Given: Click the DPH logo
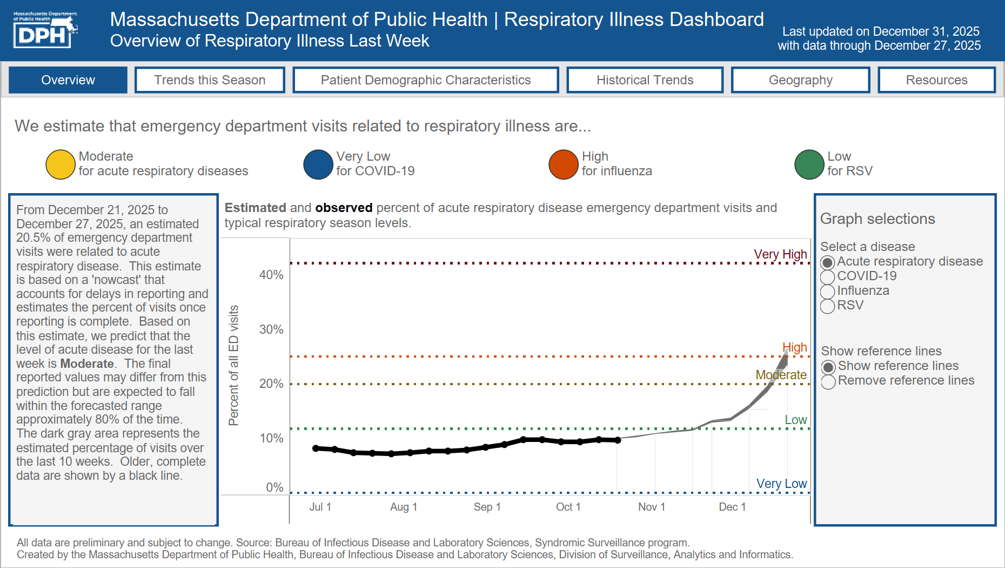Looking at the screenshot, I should pyautogui.click(x=44, y=30).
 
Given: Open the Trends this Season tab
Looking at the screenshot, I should pyautogui.click(x=210, y=80).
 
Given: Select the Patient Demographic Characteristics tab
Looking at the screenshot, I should pyautogui.click(x=425, y=80).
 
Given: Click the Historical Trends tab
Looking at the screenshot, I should pyautogui.click(x=645, y=80).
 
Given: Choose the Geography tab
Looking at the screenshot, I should pyautogui.click(x=800, y=80).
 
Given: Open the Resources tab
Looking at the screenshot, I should pyautogui.click(x=936, y=80).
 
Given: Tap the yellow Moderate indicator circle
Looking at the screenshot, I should pyautogui.click(x=61, y=164).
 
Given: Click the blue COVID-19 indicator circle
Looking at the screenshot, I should pyautogui.click(x=318, y=164).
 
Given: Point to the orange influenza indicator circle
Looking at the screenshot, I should pyautogui.click(x=564, y=164).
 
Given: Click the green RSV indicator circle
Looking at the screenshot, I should pyautogui.click(x=809, y=164).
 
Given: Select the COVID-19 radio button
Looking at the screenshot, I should pyautogui.click(x=828, y=277).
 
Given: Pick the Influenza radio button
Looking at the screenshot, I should pyautogui.click(x=828, y=292).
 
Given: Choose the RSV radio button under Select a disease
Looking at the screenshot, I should pyautogui.click(x=828, y=306).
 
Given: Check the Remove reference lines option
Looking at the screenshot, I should pyautogui.click(x=828, y=381).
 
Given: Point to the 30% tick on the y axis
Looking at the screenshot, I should pyautogui.click(x=271, y=329).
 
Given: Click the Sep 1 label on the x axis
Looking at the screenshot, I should pyautogui.click(x=487, y=507).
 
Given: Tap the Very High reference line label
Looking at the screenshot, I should pyautogui.click(x=780, y=254).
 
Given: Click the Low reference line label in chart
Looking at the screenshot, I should pyautogui.click(x=795, y=420).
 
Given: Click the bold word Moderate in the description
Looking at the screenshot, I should pyautogui.click(x=87, y=364).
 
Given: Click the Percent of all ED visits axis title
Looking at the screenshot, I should pyautogui.click(x=233, y=366).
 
